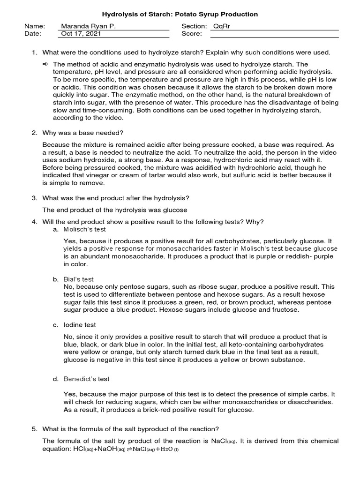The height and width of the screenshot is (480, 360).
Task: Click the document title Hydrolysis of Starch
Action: (x=180, y=15)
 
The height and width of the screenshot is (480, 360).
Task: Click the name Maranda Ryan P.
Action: (x=88, y=26)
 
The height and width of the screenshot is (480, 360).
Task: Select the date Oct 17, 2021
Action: (x=80, y=34)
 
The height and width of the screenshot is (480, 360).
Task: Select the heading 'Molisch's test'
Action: (x=85, y=229)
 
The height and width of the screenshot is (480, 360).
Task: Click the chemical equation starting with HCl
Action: (x=111, y=450)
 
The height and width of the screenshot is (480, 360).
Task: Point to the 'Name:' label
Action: (x=35, y=26)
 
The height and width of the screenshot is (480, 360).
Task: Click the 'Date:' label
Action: (x=33, y=34)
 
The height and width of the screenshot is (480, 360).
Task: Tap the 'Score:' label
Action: (x=192, y=34)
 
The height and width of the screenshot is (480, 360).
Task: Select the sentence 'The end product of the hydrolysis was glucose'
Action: (x=115, y=210)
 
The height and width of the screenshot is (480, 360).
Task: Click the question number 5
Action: (x=34, y=429)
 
